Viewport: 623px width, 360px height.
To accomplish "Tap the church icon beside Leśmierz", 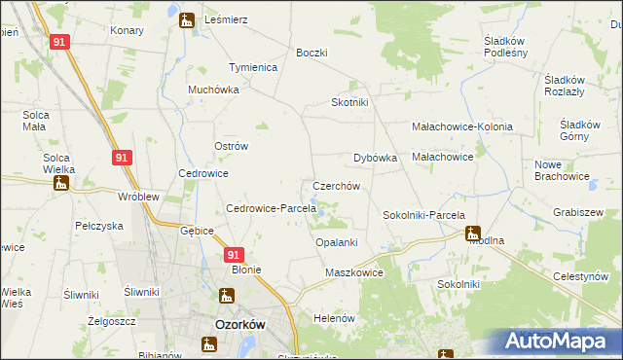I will click(186, 18).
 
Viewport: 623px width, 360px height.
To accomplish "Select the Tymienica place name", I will click(253, 67).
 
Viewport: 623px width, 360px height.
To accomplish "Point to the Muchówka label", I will click(213, 90).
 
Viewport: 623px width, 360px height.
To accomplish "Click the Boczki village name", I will click(311, 53).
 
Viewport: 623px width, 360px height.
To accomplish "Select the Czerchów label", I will click(337, 185).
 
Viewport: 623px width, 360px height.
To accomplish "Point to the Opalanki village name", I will click(337, 242).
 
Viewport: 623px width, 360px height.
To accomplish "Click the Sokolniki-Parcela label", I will click(423, 215).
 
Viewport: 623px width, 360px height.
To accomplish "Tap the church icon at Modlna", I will click(472, 234).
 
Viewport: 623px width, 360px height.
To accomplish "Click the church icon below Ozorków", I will click(208, 343).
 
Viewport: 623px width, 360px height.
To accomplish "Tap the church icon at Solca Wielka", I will click(60, 182).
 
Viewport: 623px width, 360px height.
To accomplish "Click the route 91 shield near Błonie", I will click(232, 254).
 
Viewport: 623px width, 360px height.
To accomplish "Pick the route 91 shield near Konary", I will click(59, 43).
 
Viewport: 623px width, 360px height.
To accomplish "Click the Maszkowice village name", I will click(354, 273).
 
